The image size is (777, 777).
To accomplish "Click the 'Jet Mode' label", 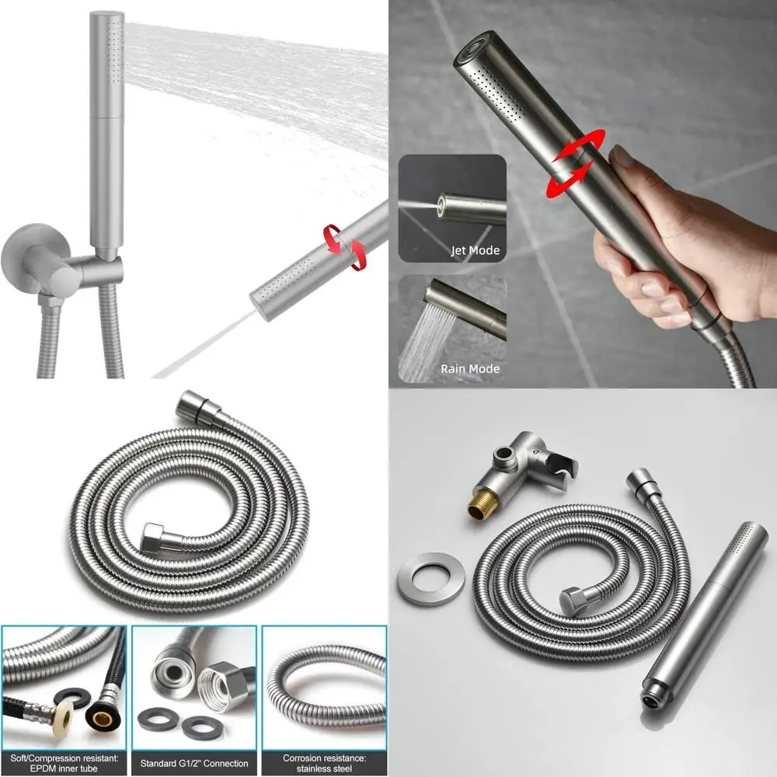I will coord(475,250).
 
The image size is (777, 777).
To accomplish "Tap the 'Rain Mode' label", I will coord(469,368).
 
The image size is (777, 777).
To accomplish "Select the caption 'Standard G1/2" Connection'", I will coord(194,763).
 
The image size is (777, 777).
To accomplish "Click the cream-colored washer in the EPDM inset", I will coord(62,719).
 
